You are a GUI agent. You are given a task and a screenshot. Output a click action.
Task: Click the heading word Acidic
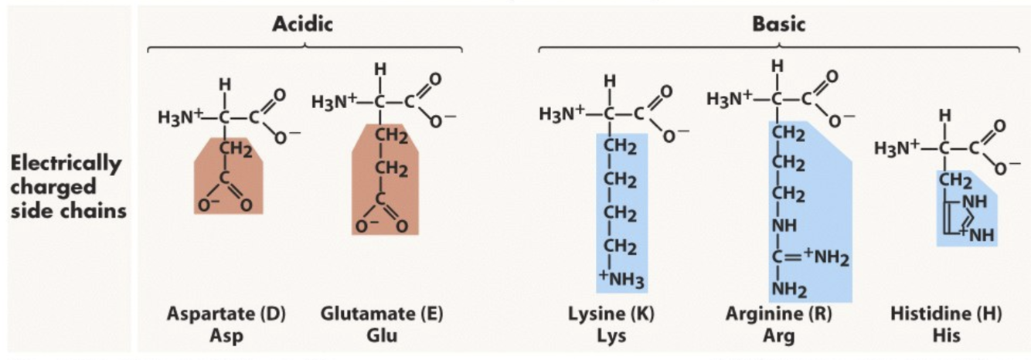pos(302,24)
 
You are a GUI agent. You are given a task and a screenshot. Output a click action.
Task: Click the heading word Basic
pos(778,24)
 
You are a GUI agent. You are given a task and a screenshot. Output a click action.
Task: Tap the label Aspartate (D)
pos(226,314)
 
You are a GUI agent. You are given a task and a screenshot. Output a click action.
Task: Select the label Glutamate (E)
pos(382,314)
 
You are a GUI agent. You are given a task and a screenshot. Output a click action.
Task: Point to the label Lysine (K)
pos(611,314)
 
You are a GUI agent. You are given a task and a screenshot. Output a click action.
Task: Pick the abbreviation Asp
pos(226,336)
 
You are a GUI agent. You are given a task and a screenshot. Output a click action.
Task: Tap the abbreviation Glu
pos(382,336)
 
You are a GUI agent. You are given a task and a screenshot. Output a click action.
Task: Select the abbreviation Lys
pos(611,336)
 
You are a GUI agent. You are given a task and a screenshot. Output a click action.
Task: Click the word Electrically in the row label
pos(66,164)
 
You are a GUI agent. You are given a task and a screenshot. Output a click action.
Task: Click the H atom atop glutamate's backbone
pos(379,70)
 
